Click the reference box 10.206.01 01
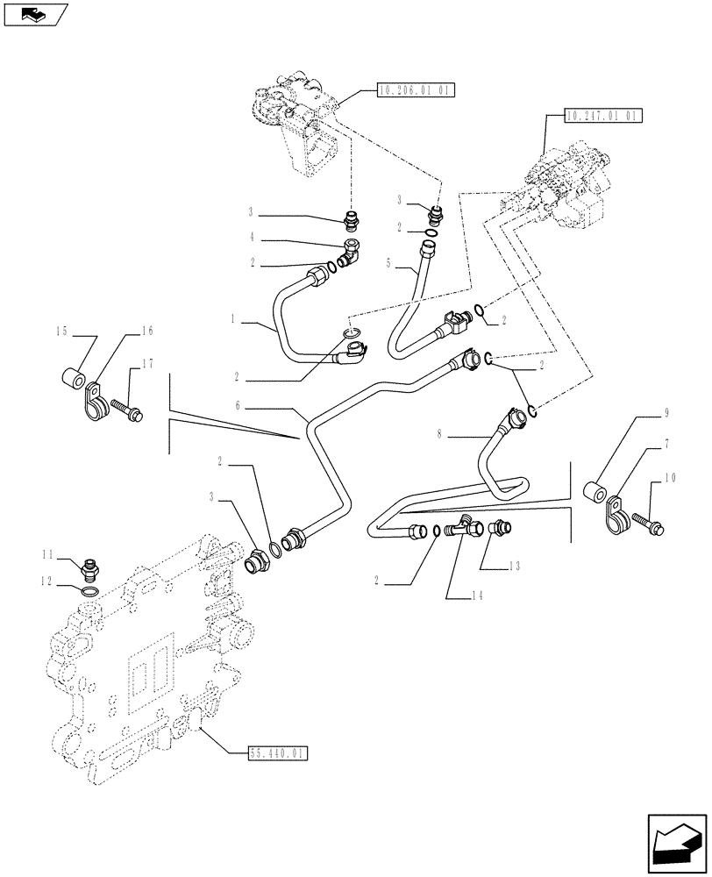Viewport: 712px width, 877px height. click(416, 89)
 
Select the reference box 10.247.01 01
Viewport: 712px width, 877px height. click(604, 115)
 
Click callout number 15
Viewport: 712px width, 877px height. click(61, 331)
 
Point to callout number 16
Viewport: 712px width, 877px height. click(146, 331)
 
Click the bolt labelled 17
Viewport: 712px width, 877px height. click(125, 408)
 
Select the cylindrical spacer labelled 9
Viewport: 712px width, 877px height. click(595, 491)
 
